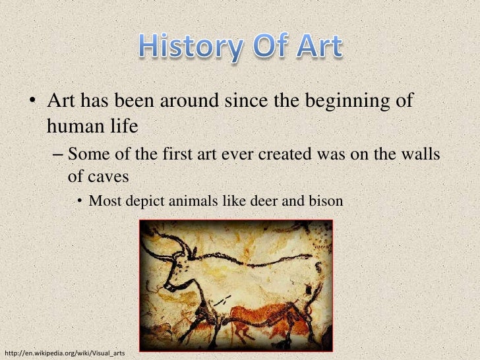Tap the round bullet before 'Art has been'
[x=32, y=104]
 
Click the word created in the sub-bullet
[x=286, y=155]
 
